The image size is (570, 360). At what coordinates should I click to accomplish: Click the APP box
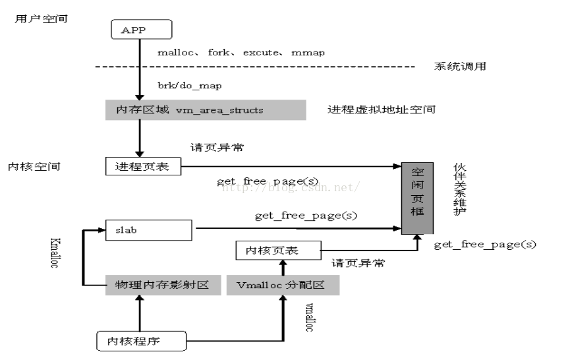[x=142, y=30]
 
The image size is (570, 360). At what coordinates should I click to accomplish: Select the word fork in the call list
[x=219, y=52]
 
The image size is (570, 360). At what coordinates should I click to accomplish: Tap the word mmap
[x=308, y=53]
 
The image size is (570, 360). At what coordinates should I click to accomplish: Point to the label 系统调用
[x=460, y=66]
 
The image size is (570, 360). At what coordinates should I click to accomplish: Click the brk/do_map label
[x=189, y=86]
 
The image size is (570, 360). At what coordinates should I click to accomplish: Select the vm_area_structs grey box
[x=206, y=110]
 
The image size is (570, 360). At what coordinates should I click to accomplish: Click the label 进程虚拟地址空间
[x=382, y=109]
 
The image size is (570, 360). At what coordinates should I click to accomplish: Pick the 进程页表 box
[x=143, y=166]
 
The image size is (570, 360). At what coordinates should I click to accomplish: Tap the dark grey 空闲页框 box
[x=417, y=198]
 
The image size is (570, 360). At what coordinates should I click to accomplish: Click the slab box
[x=149, y=230]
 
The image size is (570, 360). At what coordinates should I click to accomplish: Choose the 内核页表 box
[x=279, y=250]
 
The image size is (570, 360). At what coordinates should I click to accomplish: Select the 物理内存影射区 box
[x=163, y=285]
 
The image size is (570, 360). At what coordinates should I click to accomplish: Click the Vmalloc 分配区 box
[x=283, y=285]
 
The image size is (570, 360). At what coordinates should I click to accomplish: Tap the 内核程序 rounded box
[x=142, y=341]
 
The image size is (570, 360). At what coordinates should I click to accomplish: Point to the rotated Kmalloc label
[x=55, y=253]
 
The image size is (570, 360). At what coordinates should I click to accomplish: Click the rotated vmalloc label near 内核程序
[x=309, y=317]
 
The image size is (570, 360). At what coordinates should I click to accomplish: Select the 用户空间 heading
[x=41, y=19]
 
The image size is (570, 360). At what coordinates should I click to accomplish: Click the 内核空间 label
[x=34, y=167]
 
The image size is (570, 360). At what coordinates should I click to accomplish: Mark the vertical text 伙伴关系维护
[x=460, y=189]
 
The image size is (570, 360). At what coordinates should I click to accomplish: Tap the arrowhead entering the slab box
[x=101, y=230]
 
